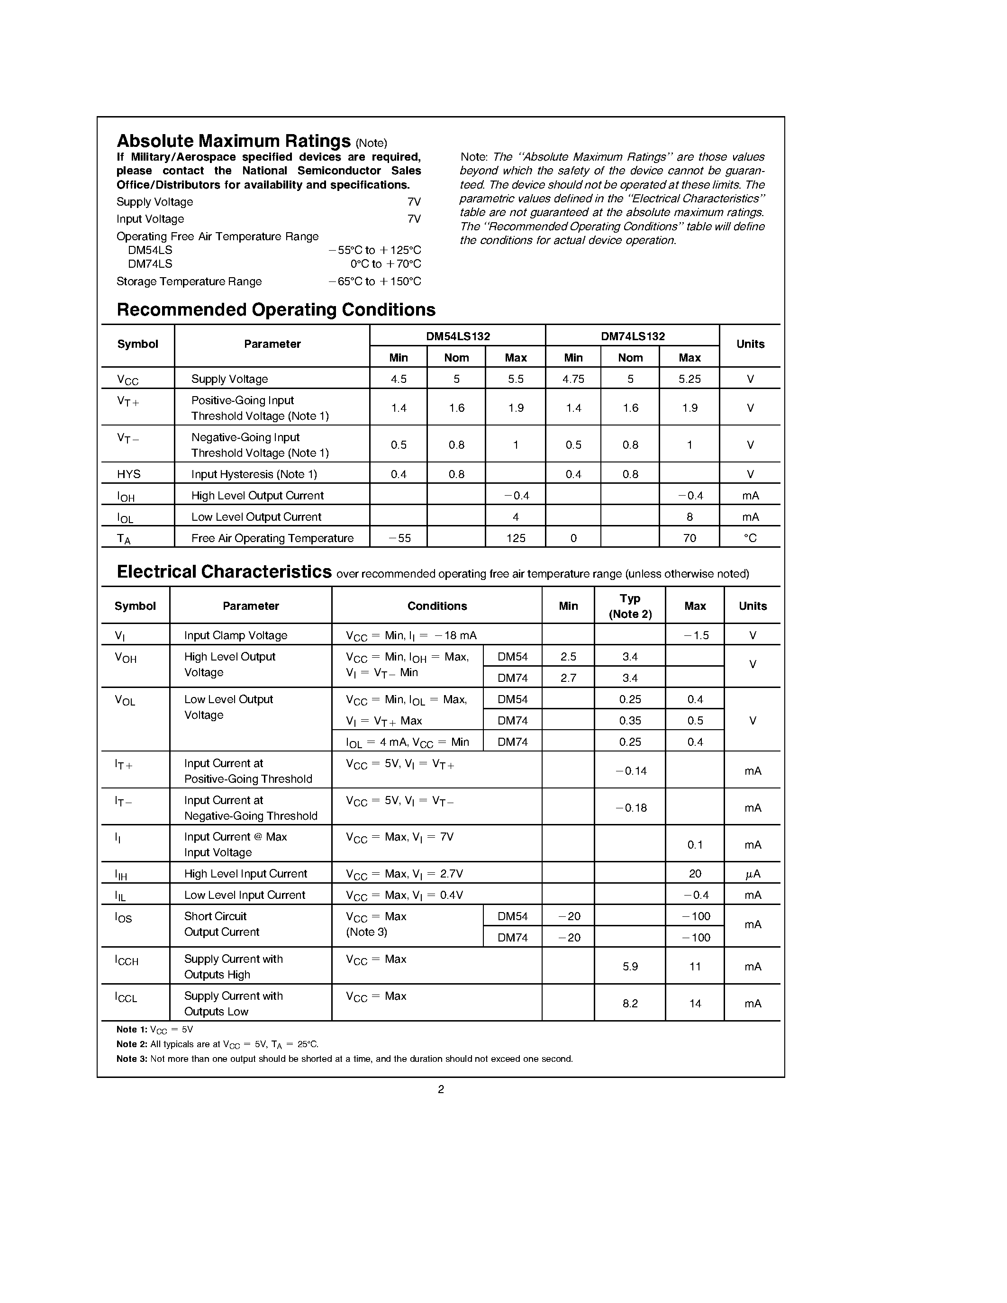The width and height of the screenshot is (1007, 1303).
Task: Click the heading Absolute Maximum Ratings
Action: [233, 141]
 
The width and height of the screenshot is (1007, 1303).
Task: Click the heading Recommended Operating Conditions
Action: [276, 310]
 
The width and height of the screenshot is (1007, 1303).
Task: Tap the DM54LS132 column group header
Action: [458, 336]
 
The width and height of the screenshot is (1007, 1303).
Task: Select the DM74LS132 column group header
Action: [632, 336]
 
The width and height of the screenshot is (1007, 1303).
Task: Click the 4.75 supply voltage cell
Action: [573, 379]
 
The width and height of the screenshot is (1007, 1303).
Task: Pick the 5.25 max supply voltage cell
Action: [689, 379]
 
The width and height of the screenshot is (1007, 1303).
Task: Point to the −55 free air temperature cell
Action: [399, 538]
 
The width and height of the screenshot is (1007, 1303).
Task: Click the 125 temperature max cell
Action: [516, 538]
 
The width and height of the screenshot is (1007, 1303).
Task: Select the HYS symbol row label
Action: [129, 474]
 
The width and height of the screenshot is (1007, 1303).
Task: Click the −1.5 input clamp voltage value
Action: [695, 635]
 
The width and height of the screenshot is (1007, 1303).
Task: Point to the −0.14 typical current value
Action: [631, 771]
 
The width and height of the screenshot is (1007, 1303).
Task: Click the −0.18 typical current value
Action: [631, 808]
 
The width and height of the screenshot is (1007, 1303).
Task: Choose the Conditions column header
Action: [437, 606]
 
